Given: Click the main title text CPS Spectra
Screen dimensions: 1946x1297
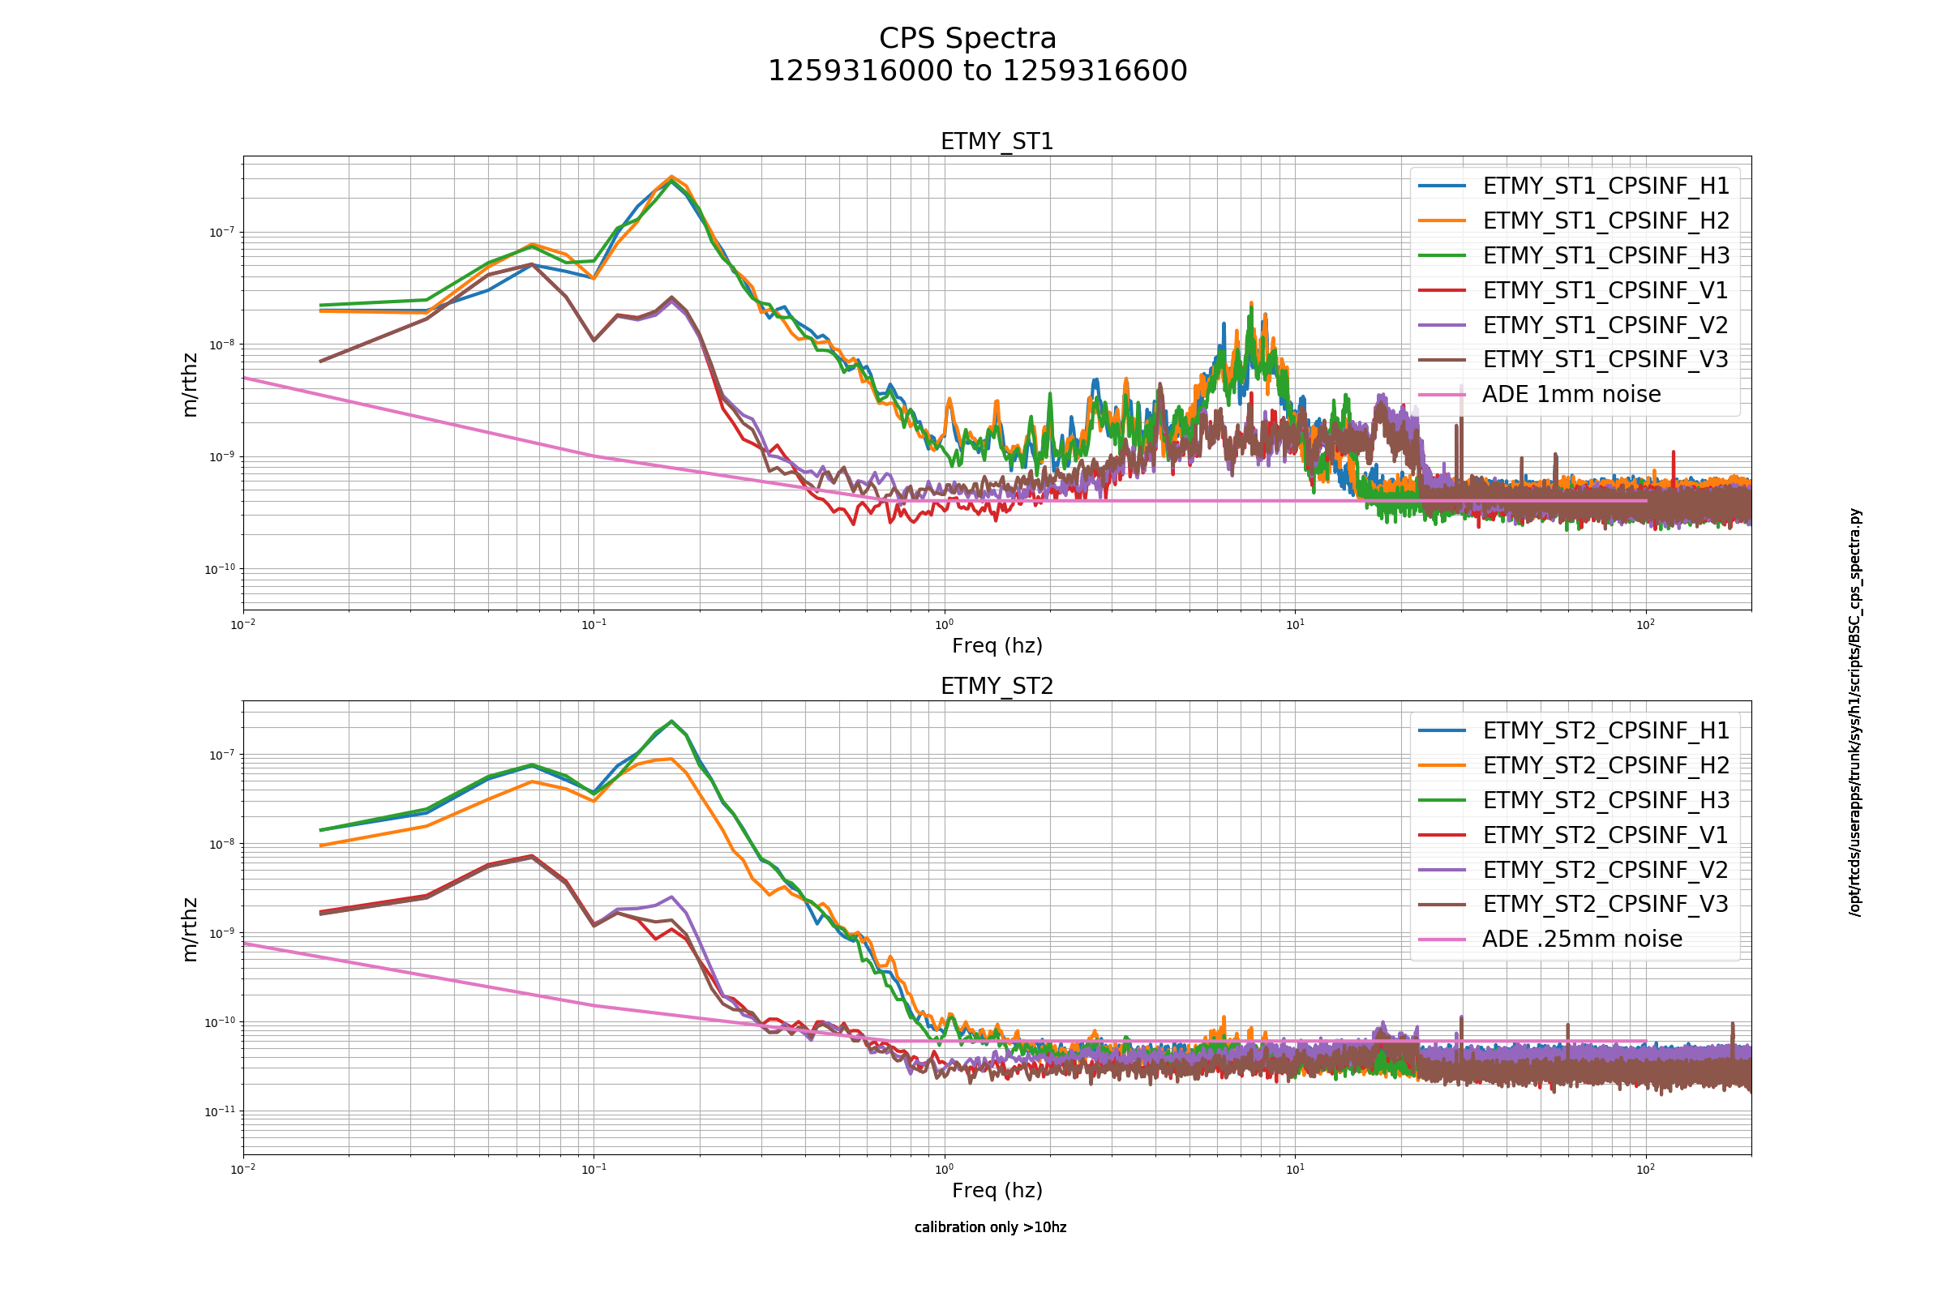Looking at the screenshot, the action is pos(967,39).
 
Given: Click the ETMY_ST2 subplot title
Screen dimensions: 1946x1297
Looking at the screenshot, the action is pos(997,687).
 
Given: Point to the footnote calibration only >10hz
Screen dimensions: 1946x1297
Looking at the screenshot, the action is pos(990,1227).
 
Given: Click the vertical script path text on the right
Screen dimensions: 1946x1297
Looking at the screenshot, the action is pos(1855,713).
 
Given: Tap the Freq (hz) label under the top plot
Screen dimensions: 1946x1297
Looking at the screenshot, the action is pos(997,646).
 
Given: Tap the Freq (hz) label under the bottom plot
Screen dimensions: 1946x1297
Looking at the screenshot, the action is pos(997,1190).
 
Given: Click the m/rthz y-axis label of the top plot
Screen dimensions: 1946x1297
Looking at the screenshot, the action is pos(191,384).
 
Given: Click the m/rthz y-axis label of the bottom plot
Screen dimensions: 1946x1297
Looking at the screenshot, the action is pos(191,930).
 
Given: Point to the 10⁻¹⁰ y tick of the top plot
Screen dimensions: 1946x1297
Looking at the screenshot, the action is pos(220,568).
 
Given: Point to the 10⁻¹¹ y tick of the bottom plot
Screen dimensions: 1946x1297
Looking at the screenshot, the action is pos(220,1111).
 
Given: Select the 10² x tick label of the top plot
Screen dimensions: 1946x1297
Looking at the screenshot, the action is pos(1646,624).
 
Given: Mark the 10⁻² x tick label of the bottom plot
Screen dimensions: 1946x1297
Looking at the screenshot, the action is pos(243,1169).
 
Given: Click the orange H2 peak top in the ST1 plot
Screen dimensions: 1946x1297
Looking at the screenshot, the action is pos(672,176).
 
